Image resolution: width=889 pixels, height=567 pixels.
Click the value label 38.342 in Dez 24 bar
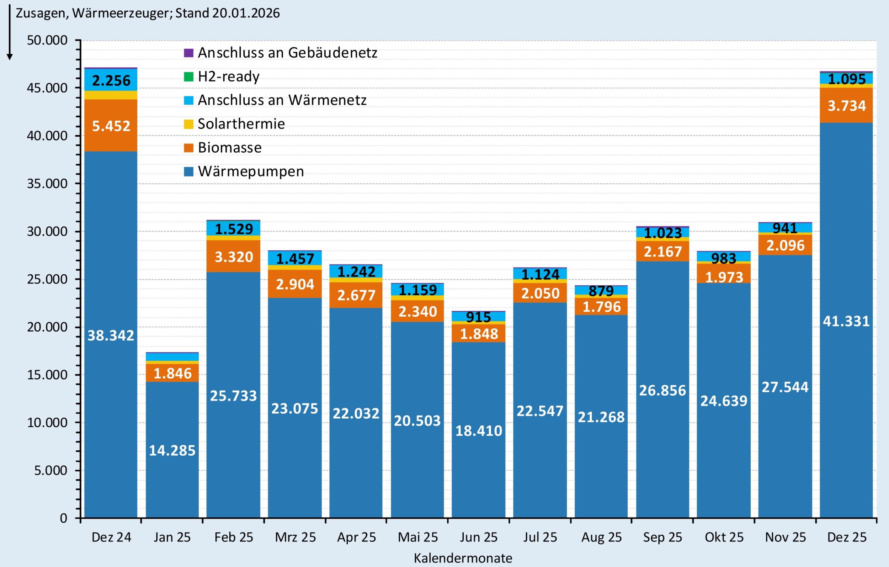(111, 335)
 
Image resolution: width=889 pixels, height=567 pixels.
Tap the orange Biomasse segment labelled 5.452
(111, 126)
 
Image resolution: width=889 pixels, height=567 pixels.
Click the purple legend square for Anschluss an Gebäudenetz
(189, 53)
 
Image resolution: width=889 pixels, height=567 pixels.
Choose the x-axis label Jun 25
(479, 537)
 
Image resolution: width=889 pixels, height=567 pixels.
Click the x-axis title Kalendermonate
(463, 558)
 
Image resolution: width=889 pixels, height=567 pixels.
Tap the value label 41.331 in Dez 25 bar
(846, 321)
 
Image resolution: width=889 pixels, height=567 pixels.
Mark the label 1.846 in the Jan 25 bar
(172, 373)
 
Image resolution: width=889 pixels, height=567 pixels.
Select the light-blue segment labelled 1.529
(234, 229)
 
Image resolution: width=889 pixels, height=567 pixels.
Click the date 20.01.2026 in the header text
(246, 13)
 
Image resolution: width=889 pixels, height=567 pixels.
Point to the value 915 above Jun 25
(479, 317)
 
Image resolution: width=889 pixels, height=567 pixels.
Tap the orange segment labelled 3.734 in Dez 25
(846, 106)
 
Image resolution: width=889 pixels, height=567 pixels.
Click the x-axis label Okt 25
(724, 537)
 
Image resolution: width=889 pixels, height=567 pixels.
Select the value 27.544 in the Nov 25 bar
(785, 387)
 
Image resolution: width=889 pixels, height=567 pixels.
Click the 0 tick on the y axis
(64, 518)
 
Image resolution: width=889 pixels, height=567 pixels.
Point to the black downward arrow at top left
(10, 33)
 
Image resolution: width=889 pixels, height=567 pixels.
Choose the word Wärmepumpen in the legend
(251, 171)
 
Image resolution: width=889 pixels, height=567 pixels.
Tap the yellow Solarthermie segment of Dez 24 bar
(111, 95)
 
